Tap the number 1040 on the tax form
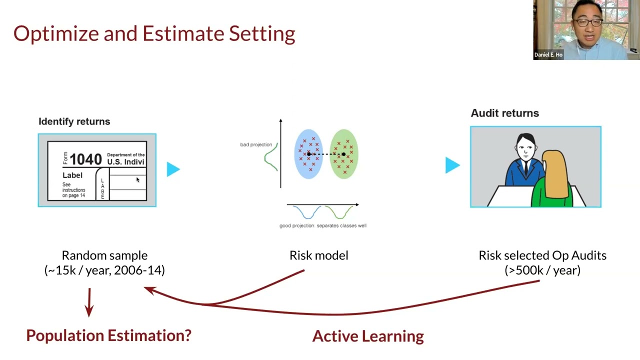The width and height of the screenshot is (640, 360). tap(85, 159)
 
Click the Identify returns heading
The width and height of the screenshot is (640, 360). tap(74, 121)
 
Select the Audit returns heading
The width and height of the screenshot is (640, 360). tap(504, 113)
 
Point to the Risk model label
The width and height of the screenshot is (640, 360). tap(318, 255)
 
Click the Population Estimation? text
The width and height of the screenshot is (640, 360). tap(108, 335)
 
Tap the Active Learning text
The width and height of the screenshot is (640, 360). tap(368, 336)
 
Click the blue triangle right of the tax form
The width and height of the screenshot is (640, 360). tap(172, 169)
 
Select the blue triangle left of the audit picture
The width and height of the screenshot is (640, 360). tap(451, 165)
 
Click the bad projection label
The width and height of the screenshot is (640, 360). tap(255, 144)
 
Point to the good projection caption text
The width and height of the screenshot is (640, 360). tap(322, 225)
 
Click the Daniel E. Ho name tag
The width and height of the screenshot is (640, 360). tap(548, 54)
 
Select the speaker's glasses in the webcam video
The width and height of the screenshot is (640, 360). tap(587, 22)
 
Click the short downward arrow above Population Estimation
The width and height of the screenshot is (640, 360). tap(89, 302)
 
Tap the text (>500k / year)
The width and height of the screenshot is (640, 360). tap(542, 270)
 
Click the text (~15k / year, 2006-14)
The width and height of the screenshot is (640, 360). tap(104, 270)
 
